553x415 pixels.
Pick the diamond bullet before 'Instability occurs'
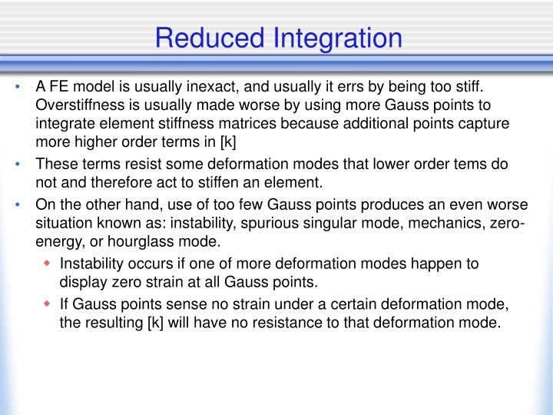pyautogui.click(x=47, y=264)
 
